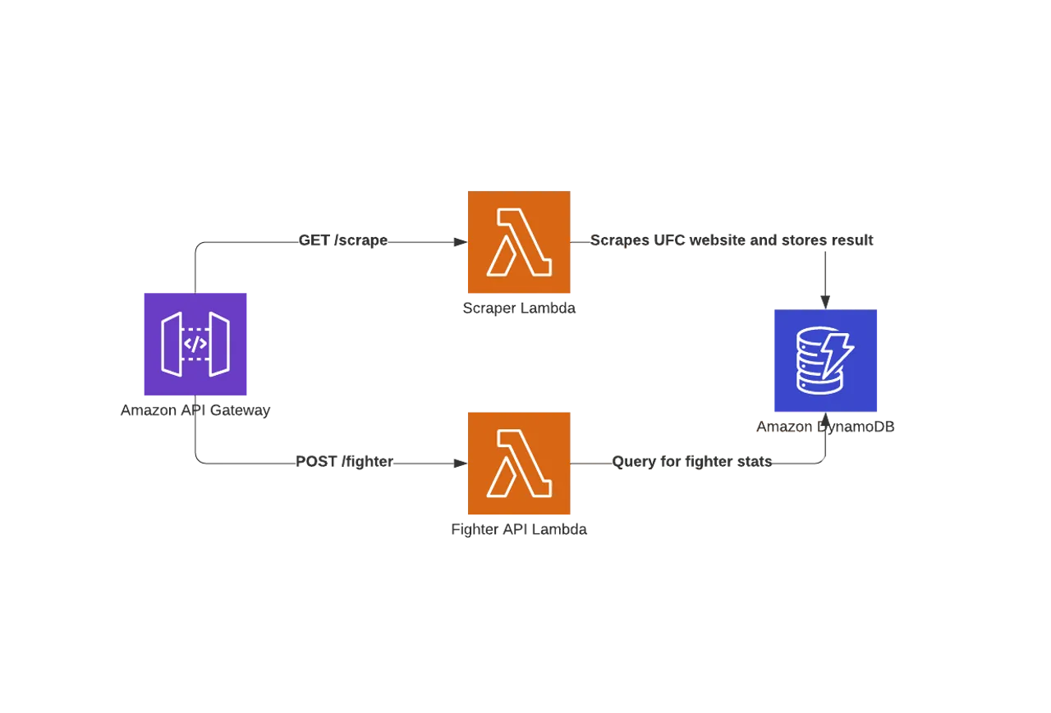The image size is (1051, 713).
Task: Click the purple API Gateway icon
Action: click(195, 344)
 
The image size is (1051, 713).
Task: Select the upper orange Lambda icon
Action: click(518, 243)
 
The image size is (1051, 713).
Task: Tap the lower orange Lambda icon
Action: click(518, 464)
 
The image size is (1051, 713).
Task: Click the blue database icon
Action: click(825, 361)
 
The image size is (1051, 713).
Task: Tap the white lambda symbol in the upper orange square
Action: click(518, 243)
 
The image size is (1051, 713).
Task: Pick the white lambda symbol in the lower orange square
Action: click(518, 464)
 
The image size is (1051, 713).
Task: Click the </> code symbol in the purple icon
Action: click(195, 344)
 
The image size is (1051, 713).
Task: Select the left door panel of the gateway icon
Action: click(172, 344)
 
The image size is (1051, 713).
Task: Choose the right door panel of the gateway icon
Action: click(219, 344)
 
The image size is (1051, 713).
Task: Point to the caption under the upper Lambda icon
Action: click(518, 308)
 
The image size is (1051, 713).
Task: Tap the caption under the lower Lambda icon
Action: click(518, 530)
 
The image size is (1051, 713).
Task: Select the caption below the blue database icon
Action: click(826, 427)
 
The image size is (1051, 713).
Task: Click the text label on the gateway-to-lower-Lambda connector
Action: click(343, 464)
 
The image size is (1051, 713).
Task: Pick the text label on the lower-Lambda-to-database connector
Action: click(692, 464)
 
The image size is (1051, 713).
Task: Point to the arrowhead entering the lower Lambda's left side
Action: click(461, 464)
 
